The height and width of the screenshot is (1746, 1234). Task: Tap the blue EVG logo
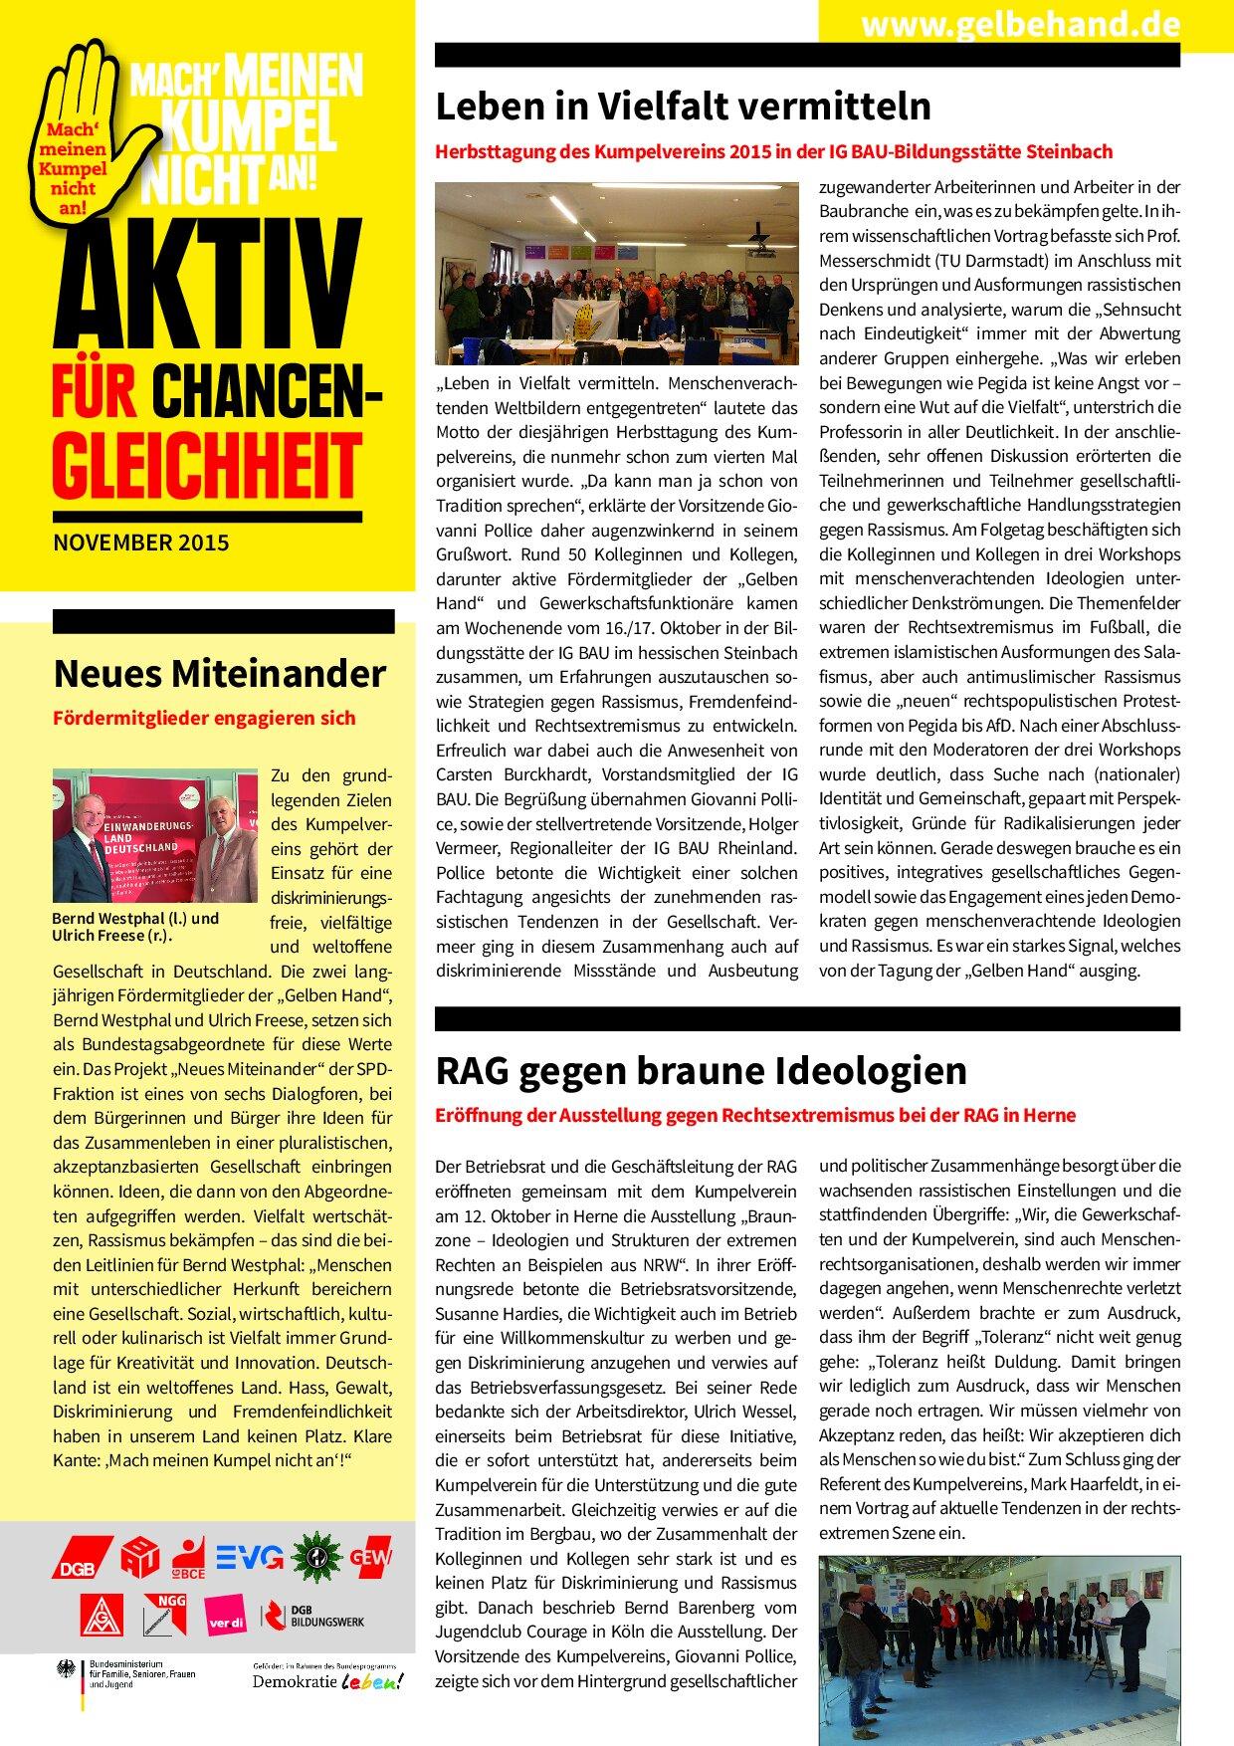(x=250, y=1557)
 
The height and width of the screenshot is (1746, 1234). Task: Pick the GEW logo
(x=370, y=1556)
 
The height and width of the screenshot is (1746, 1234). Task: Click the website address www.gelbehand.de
(x=1020, y=24)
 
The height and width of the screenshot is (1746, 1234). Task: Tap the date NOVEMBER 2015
(x=140, y=544)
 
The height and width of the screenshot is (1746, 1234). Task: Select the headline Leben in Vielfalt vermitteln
(x=684, y=106)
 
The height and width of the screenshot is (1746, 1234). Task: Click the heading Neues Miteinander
(x=219, y=674)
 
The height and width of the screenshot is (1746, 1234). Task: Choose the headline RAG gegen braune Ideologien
(x=702, y=1070)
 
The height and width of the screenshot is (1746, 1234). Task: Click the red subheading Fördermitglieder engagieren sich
(x=204, y=718)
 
